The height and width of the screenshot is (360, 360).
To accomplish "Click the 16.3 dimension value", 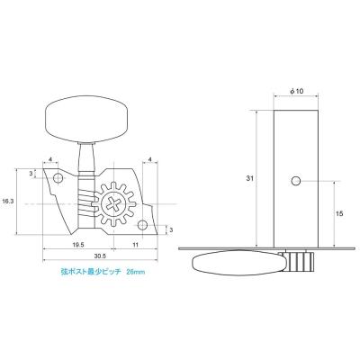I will pos(8,202).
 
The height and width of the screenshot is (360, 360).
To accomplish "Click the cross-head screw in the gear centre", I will pos(117,204).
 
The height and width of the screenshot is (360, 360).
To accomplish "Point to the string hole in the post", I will pos(294,181).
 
